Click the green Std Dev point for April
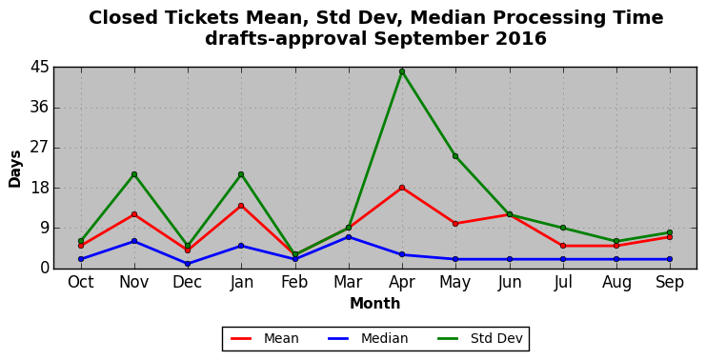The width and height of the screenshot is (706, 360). click(402, 71)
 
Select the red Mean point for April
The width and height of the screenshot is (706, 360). click(402, 188)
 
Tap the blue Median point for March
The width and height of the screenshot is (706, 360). click(349, 237)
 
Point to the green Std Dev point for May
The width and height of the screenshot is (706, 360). click(455, 156)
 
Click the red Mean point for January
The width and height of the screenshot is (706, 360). click(241, 206)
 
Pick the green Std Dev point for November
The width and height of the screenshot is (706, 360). click(134, 174)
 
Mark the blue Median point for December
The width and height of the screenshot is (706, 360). click(188, 264)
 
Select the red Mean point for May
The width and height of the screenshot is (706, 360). click(455, 224)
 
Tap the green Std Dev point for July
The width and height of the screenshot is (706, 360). click(563, 228)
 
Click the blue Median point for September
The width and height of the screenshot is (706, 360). click(670, 259)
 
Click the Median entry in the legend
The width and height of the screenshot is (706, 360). click(368, 338)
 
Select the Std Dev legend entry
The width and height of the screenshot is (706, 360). click(479, 338)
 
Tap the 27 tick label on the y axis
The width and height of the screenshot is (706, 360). click(39, 148)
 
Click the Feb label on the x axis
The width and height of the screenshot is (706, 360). click(295, 283)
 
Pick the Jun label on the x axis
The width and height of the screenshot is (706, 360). click(509, 283)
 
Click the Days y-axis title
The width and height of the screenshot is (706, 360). click(15, 169)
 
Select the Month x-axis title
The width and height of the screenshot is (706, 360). click(375, 303)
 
